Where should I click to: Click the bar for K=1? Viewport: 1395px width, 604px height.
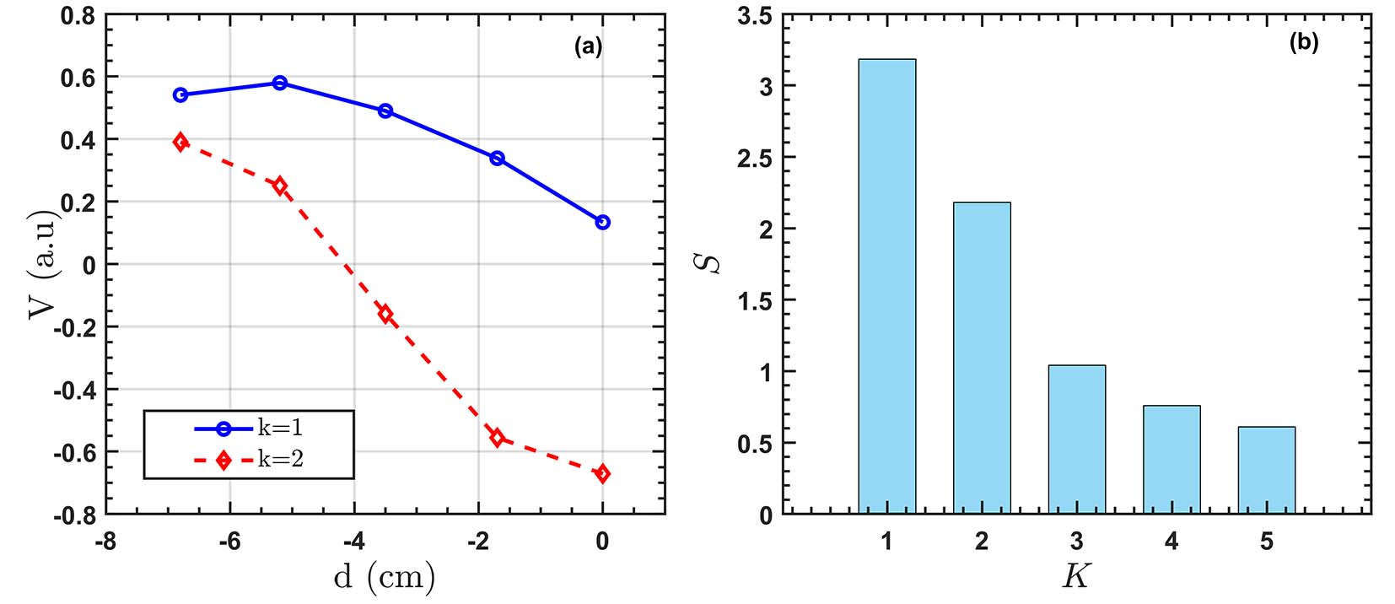886,287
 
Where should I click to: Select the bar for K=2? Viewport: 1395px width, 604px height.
982,359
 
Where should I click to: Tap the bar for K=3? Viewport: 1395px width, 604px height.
1076,440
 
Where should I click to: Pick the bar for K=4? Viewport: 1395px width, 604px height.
1171,460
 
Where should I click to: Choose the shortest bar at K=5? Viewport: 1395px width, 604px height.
1266,471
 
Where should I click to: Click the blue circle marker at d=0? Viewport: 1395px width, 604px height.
602,223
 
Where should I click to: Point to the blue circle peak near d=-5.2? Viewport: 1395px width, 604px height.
280,83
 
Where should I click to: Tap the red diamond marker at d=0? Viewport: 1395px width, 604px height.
602,474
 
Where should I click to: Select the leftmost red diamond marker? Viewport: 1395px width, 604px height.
180,142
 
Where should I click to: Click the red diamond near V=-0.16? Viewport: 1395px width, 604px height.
385,315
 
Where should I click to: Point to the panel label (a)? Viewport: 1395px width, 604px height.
588,47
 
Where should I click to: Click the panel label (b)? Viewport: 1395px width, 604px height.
1303,43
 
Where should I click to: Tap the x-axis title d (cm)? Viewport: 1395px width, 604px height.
385,578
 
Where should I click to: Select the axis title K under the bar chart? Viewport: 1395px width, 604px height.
1075,576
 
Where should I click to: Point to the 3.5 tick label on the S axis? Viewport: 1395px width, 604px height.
754,16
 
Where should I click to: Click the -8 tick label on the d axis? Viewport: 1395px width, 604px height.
105,541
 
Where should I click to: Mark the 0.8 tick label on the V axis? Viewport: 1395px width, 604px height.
78,16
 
